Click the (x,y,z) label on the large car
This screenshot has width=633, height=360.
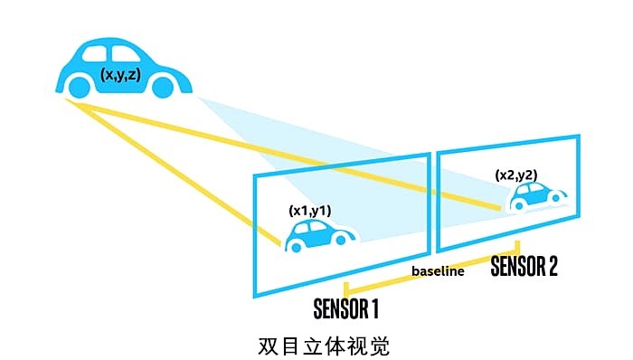pyautogui.click(x=120, y=74)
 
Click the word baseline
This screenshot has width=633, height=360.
pyautogui.click(x=438, y=270)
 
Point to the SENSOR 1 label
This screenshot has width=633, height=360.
pyautogui.click(x=346, y=308)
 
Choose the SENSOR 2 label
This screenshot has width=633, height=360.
pyautogui.click(x=524, y=266)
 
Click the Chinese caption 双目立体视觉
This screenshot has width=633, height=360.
pyautogui.click(x=324, y=346)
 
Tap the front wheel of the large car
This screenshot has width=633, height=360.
pyautogui.click(x=163, y=86)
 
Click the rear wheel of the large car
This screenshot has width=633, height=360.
pyautogui.click(x=80, y=86)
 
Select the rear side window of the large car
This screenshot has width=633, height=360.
pyautogui.click(x=94, y=54)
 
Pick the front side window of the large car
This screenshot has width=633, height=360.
pyautogui.click(x=125, y=54)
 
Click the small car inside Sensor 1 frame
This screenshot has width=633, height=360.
pyautogui.click(x=320, y=236)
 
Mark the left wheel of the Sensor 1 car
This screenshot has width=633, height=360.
pyautogui.click(x=296, y=247)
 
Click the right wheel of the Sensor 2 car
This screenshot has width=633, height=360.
pyautogui.click(x=556, y=198)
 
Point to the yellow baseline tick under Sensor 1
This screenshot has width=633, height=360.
pyautogui.click(x=346, y=289)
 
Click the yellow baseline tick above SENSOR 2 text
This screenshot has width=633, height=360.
pyautogui.click(x=517, y=248)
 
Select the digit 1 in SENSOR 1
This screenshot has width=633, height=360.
pyautogui.click(x=373, y=308)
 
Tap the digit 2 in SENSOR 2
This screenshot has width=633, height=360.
pyautogui.click(x=552, y=266)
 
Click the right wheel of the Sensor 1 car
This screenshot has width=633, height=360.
pyautogui.click(x=340, y=241)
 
